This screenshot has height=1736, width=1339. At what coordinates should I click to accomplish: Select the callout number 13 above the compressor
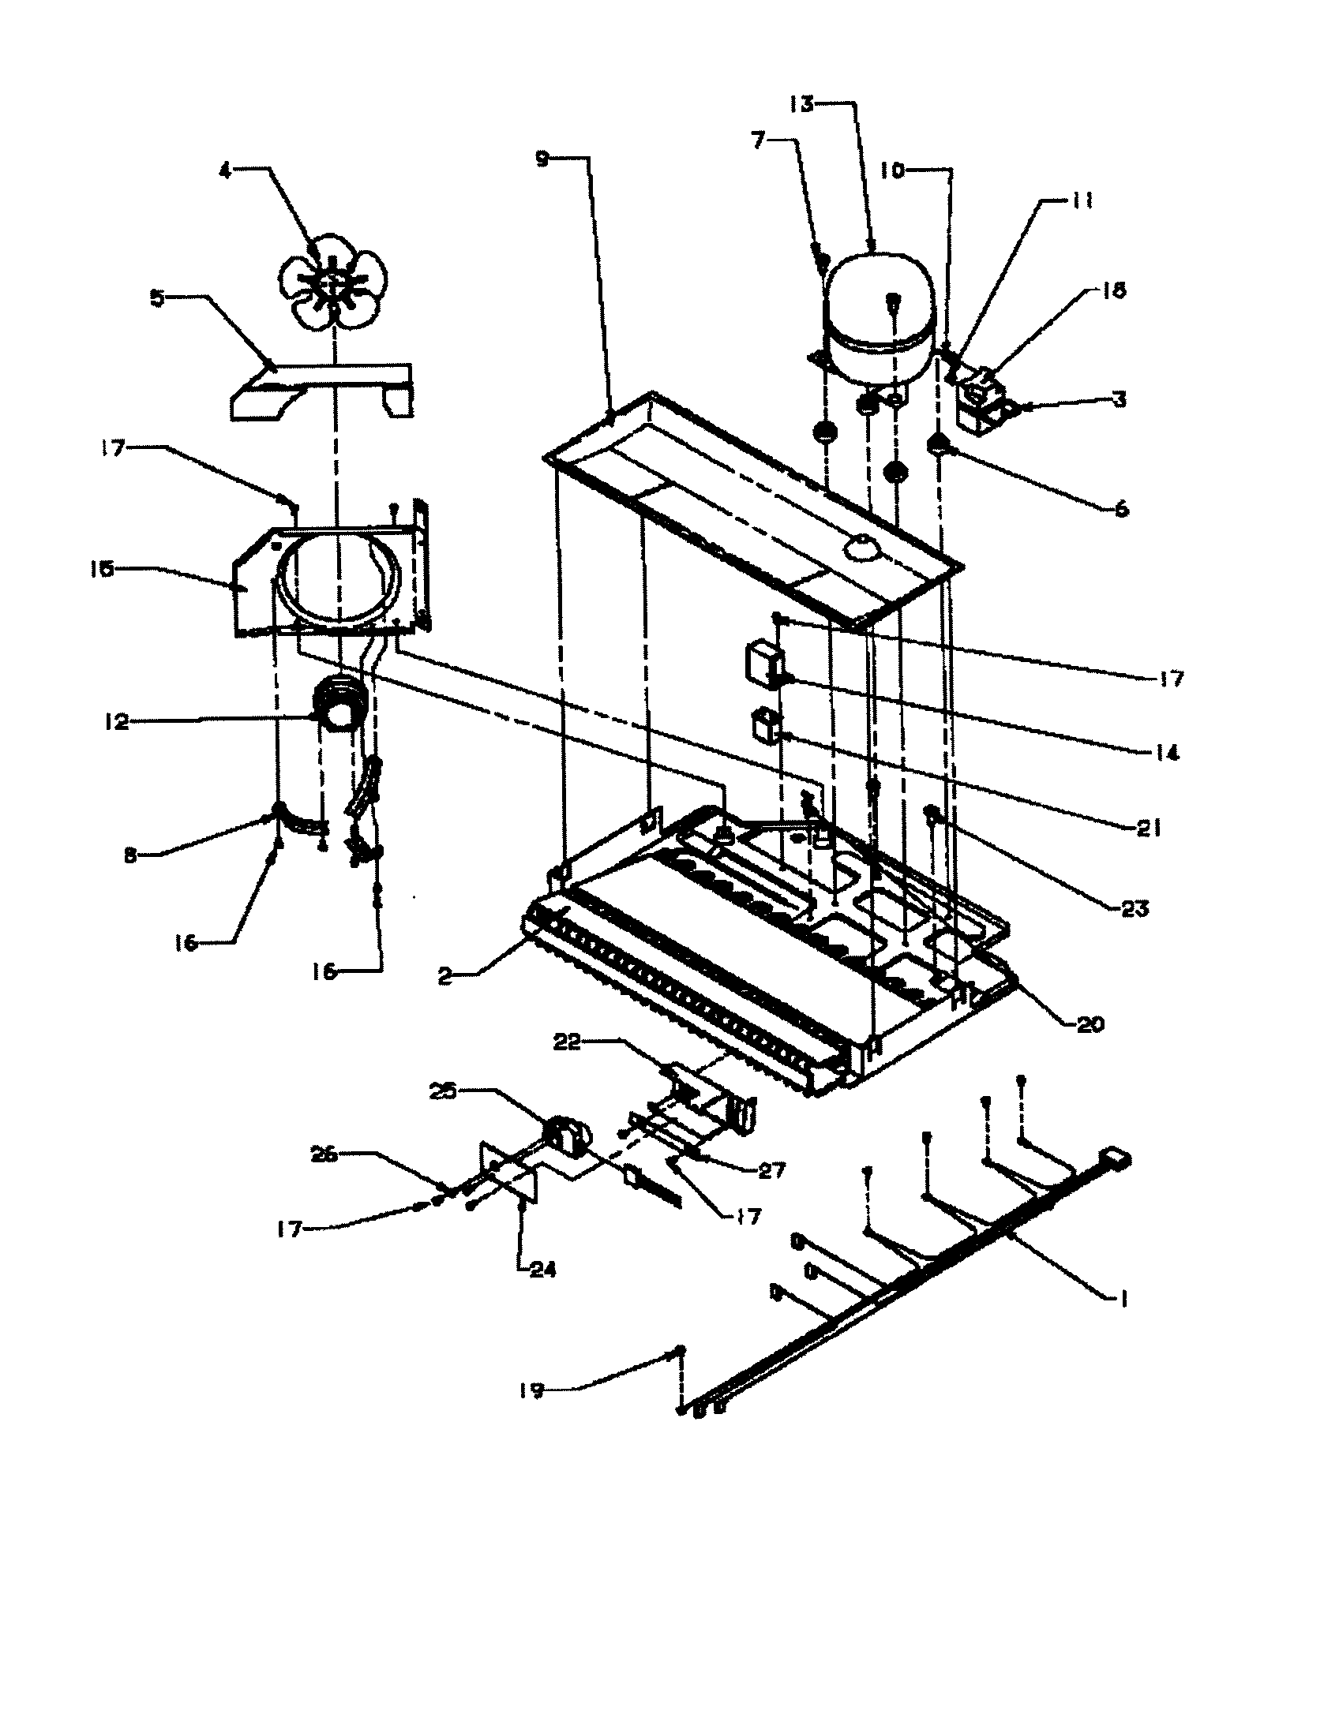point(802,104)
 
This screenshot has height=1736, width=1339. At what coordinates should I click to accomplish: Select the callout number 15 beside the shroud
point(103,569)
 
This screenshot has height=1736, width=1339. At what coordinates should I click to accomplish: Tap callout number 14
point(1166,752)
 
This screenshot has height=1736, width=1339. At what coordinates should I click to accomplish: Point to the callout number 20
point(1090,1024)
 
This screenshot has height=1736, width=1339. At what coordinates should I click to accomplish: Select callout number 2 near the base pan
point(445,977)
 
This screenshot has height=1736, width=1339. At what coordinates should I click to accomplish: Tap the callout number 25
point(442,1091)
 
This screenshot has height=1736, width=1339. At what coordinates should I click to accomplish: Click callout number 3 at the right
point(1120,400)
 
